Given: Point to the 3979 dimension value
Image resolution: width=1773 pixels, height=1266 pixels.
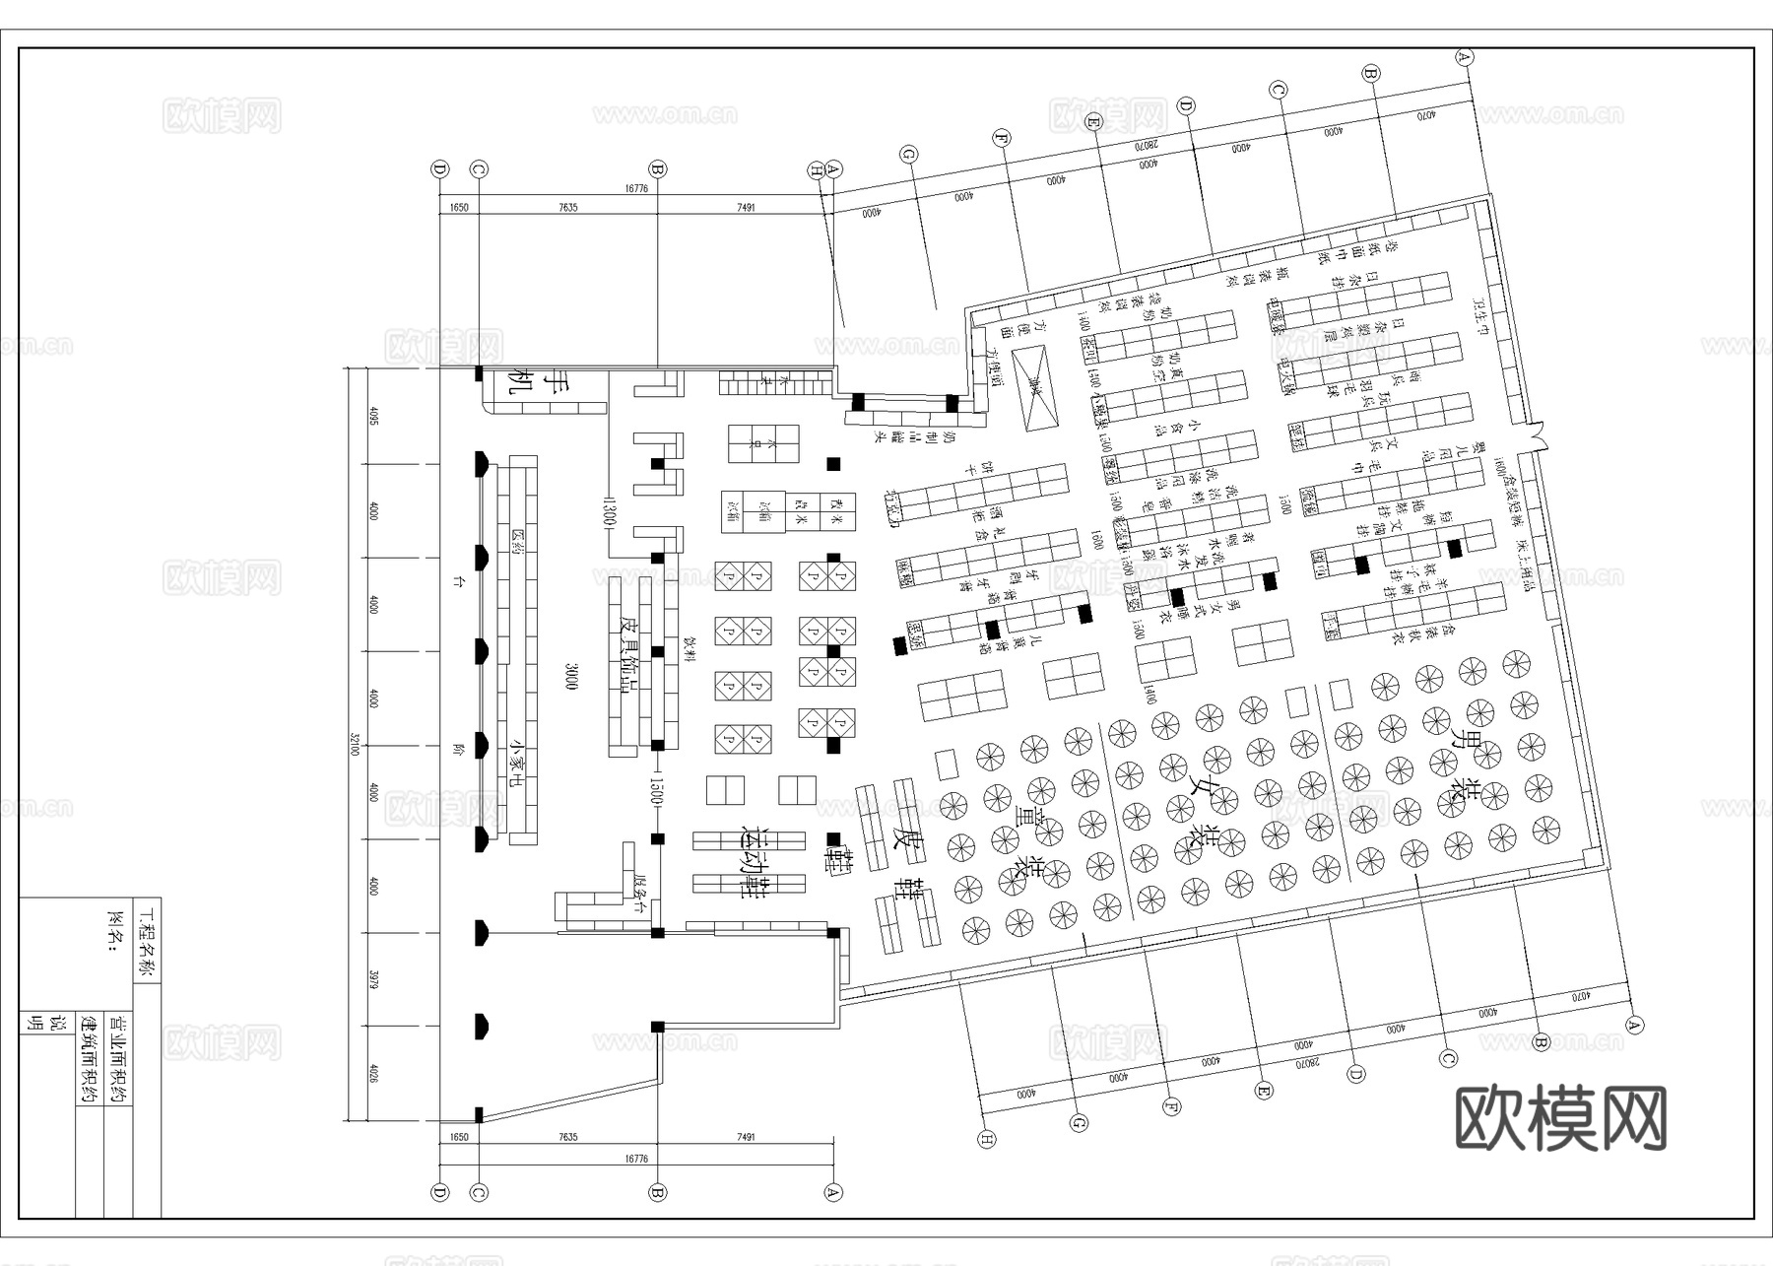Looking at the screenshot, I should click(373, 978).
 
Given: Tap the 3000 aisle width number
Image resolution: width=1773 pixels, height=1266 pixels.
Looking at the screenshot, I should click(570, 677).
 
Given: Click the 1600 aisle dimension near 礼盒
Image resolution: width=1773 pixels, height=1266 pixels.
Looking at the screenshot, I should click(1096, 541).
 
